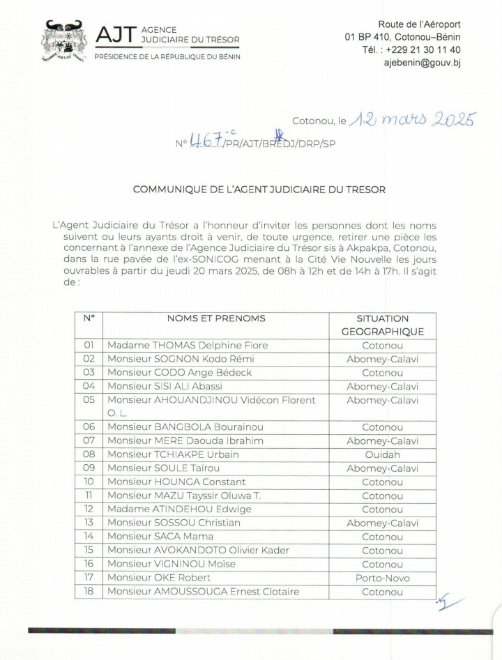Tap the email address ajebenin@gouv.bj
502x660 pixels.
click(x=422, y=63)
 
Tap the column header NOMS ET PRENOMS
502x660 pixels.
click(x=216, y=319)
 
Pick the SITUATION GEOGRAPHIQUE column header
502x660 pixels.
click(x=382, y=325)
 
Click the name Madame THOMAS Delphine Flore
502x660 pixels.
click(x=187, y=345)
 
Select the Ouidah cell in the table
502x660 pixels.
click(x=382, y=454)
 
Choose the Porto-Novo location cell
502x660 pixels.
click(x=382, y=578)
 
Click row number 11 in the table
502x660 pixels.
click(x=89, y=496)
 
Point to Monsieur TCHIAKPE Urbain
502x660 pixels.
click(x=174, y=454)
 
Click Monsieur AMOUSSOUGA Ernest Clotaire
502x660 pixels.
click(x=203, y=592)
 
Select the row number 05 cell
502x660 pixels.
click(x=89, y=400)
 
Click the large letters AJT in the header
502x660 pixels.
click(x=115, y=35)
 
